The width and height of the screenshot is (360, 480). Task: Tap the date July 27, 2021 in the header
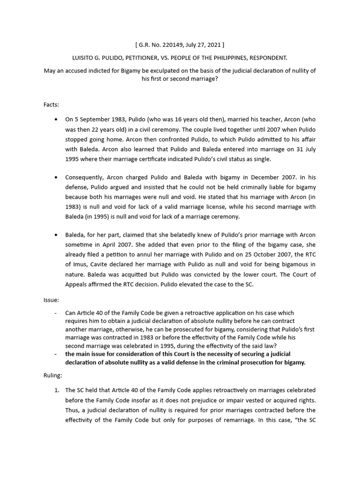[x=202, y=45]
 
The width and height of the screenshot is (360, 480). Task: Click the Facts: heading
[x=52, y=106]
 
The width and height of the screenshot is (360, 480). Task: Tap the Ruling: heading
[x=54, y=375]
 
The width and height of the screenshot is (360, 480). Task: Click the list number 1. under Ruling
[x=56, y=390]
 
